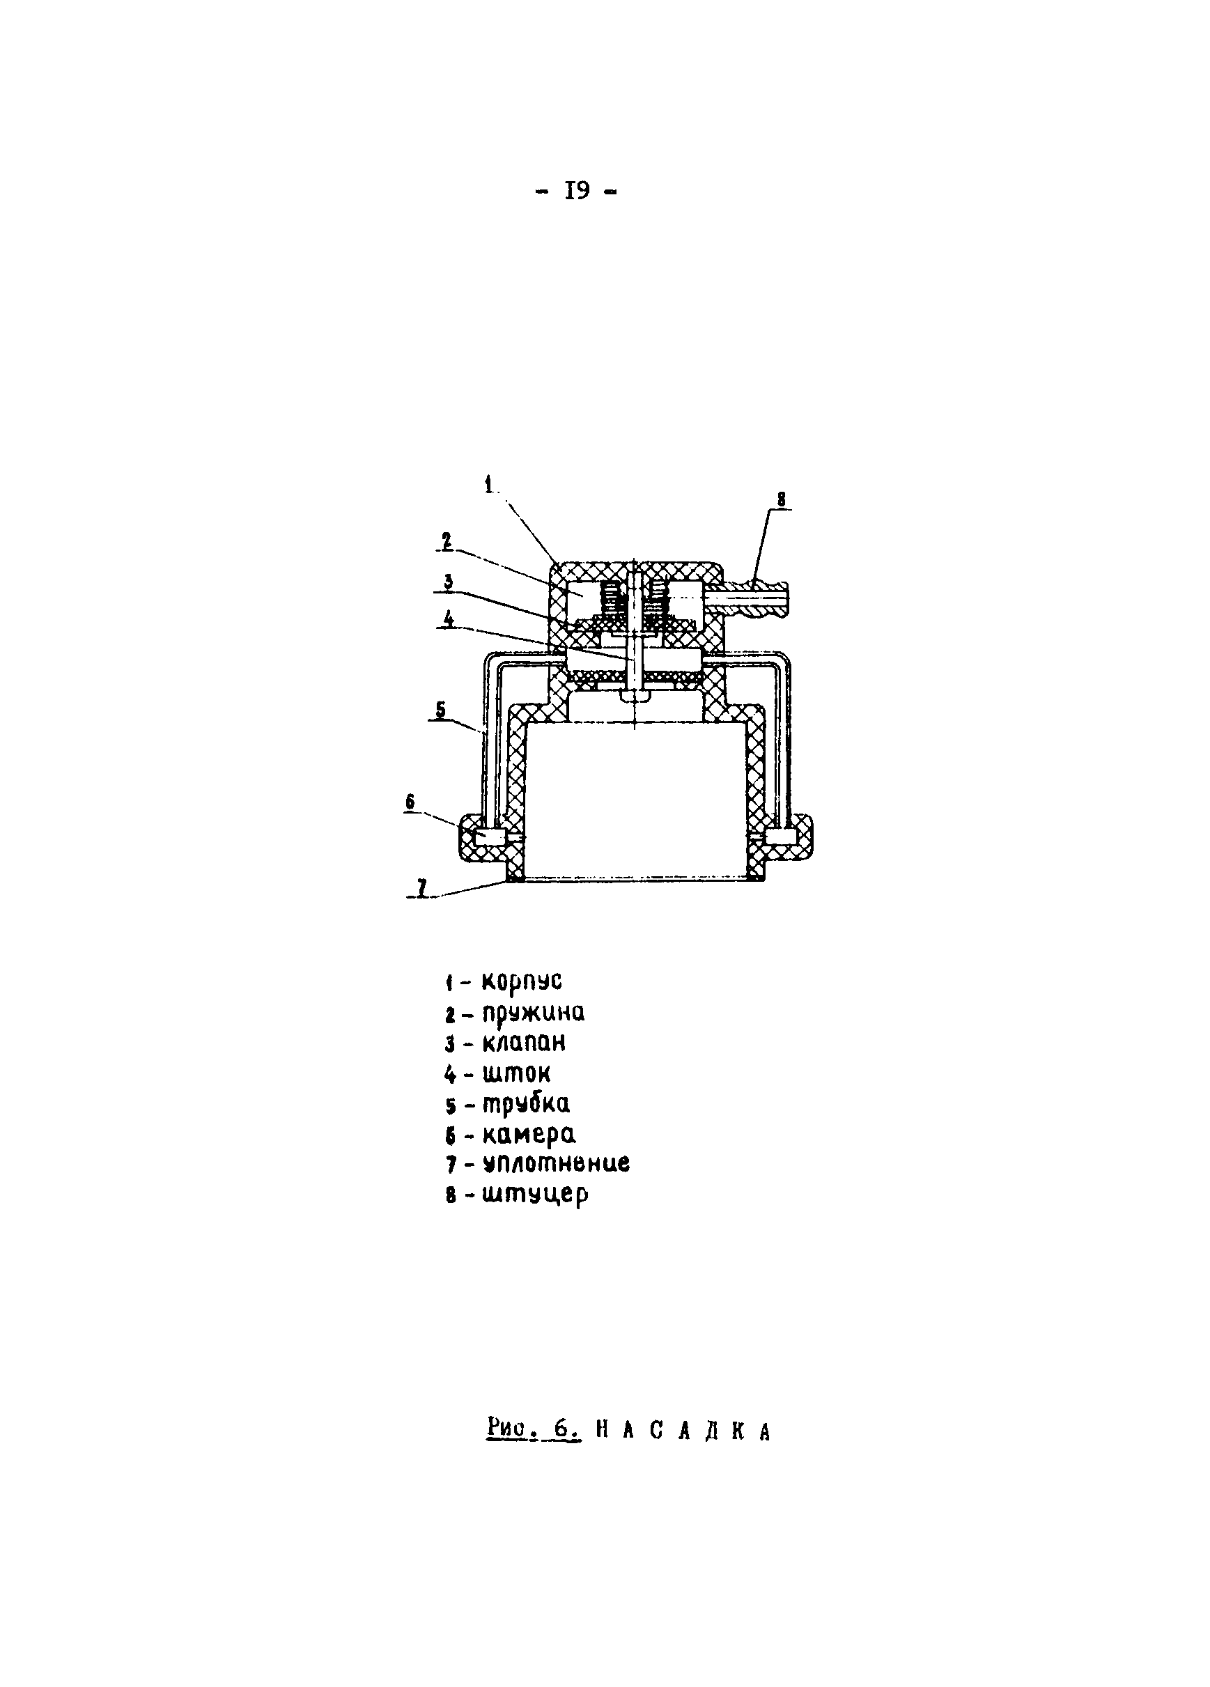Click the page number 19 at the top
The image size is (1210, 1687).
pyautogui.click(x=577, y=192)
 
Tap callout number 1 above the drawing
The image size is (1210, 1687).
pyautogui.click(x=488, y=485)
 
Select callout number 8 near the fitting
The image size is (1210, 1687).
pyautogui.click(x=780, y=499)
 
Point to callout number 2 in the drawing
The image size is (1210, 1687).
pyautogui.click(x=447, y=541)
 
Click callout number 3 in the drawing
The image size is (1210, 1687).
pyautogui.click(x=449, y=582)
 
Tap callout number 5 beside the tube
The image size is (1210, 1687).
pyautogui.click(x=441, y=710)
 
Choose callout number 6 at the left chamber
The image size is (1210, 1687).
pyautogui.click(x=410, y=802)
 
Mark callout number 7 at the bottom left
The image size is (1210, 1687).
pyautogui.click(x=421, y=887)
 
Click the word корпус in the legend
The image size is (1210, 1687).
pyautogui.click(x=521, y=981)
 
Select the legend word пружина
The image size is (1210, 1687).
pyautogui.click(x=532, y=1013)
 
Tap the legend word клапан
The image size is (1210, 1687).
pyautogui.click(x=524, y=1043)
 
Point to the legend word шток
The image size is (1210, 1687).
pyautogui.click(x=516, y=1073)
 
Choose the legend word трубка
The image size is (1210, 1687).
pyautogui.click(x=526, y=1104)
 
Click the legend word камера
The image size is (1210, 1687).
pyautogui.click(x=529, y=1135)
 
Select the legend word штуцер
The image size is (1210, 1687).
pyautogui.click(x=535, y=1195)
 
